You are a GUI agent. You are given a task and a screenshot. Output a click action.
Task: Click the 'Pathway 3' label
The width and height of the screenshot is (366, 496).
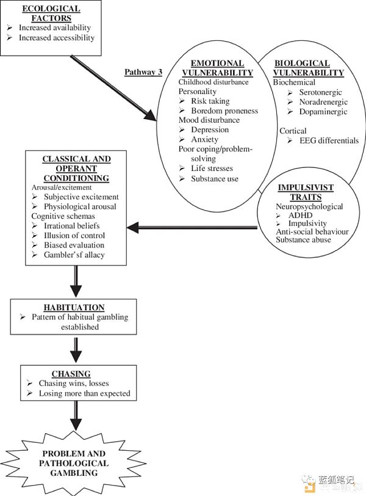(143, 72)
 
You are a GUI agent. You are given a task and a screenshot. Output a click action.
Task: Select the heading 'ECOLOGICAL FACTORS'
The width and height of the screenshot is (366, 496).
(51, 13)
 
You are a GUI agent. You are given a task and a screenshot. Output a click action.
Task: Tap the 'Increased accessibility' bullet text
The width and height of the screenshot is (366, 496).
(57, 38)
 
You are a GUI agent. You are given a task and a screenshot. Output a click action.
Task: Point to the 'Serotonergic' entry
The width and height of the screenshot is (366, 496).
(320, 92)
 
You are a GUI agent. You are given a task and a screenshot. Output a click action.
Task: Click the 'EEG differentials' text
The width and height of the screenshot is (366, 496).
(329, 140)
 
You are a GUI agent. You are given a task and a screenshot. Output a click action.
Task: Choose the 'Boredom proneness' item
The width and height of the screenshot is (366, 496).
(224, 111)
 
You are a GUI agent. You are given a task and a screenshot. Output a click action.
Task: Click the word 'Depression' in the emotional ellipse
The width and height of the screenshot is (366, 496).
(210, 129)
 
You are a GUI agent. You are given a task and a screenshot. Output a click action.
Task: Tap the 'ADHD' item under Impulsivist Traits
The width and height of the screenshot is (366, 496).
(300, 215)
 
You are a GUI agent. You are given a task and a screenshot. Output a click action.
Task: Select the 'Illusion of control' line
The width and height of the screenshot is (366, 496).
(74, 236)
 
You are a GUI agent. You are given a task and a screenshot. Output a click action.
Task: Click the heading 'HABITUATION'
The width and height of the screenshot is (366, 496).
(74, 307)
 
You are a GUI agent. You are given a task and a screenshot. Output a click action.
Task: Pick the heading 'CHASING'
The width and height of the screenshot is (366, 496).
(71, 374)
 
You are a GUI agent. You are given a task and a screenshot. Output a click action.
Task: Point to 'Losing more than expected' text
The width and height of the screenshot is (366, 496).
(85, 393)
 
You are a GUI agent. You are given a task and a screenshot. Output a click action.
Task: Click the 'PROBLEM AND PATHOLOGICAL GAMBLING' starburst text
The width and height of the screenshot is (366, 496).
(74, 463)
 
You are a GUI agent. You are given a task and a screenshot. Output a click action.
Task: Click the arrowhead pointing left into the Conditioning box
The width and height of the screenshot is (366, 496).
(132, 227)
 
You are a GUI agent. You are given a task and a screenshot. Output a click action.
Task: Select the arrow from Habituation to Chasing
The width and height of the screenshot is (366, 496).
(76, 350)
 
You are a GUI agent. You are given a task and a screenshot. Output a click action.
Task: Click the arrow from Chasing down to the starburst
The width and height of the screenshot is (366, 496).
(76, 415)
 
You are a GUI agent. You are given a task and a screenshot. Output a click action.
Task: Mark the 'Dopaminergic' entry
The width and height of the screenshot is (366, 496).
(323, 112)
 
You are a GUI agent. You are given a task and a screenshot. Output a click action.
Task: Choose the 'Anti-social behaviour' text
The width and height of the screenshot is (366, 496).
(312, 232)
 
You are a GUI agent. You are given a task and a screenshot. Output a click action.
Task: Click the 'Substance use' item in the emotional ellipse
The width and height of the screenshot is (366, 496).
(215, 179)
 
